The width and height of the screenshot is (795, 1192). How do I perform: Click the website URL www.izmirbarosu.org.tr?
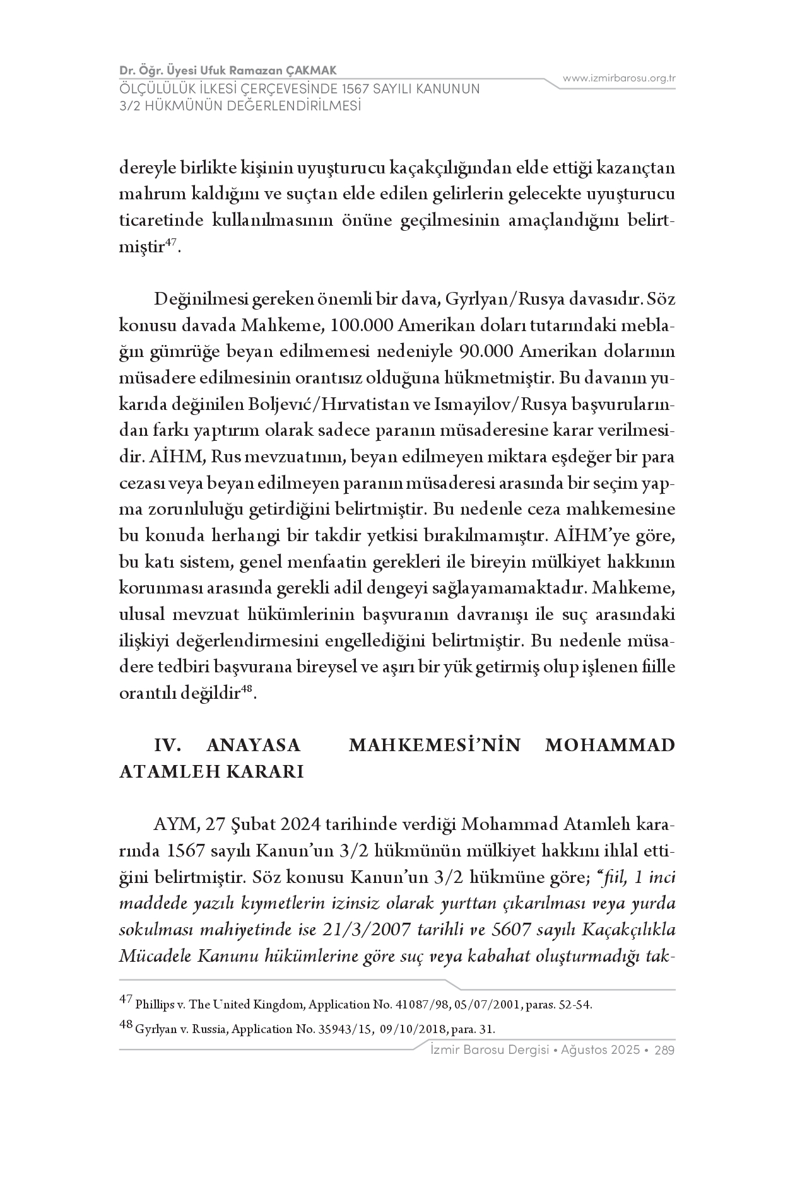coord(619,78)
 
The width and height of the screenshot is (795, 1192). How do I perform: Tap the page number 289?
coord(665,1051)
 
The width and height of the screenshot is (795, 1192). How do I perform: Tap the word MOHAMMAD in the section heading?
coord(609,745)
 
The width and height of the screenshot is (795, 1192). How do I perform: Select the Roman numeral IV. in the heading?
coord(168,745)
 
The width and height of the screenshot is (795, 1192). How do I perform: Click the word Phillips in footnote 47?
coord(152,1005)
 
